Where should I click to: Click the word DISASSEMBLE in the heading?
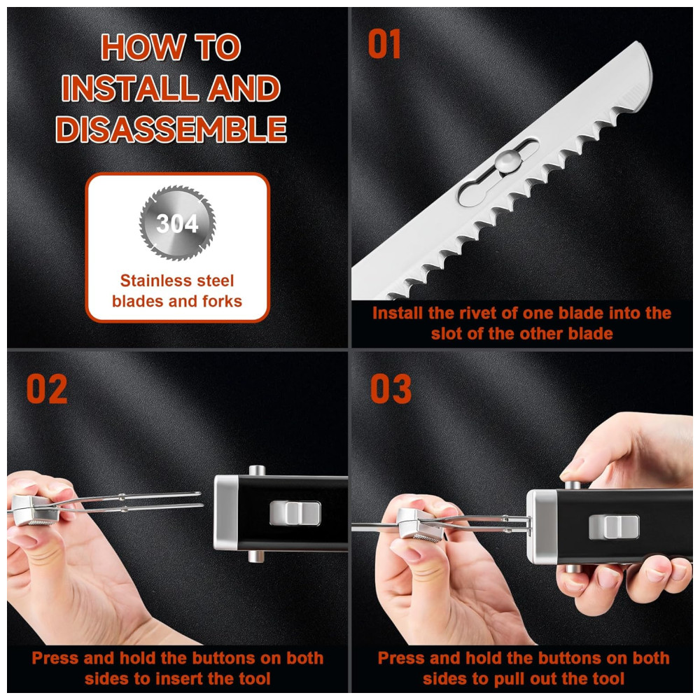pos(171,129)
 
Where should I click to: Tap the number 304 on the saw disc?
pos(177,223)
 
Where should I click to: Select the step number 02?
pos(47,389)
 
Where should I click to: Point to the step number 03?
pos(391,389)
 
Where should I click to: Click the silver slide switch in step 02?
pos(295,513)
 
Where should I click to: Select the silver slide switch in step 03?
pos(615,527)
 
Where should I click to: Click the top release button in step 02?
pos(257,470)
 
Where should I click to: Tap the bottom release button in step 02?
pos(256,556)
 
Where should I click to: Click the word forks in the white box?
pos(222,301)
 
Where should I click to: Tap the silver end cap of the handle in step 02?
pos(226,512)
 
